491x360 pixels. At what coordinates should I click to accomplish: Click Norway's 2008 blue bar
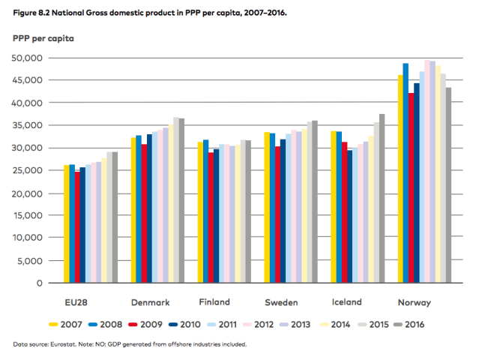click(x=406, y=173)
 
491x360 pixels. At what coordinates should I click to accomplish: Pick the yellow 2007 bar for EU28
click(x=67, y=224)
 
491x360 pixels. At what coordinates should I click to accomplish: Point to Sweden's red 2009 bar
click(x=278, y=214)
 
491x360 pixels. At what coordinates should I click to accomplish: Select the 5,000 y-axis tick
click(x=30, y=261)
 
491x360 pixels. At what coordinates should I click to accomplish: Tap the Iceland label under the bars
click(x=346, y=302)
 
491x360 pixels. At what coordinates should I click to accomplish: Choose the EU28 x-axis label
click(x=80, y=303)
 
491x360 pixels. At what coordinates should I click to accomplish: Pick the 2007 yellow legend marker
click(x=53, y=325)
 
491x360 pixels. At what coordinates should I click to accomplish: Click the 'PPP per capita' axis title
click(x=43, y=37)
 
